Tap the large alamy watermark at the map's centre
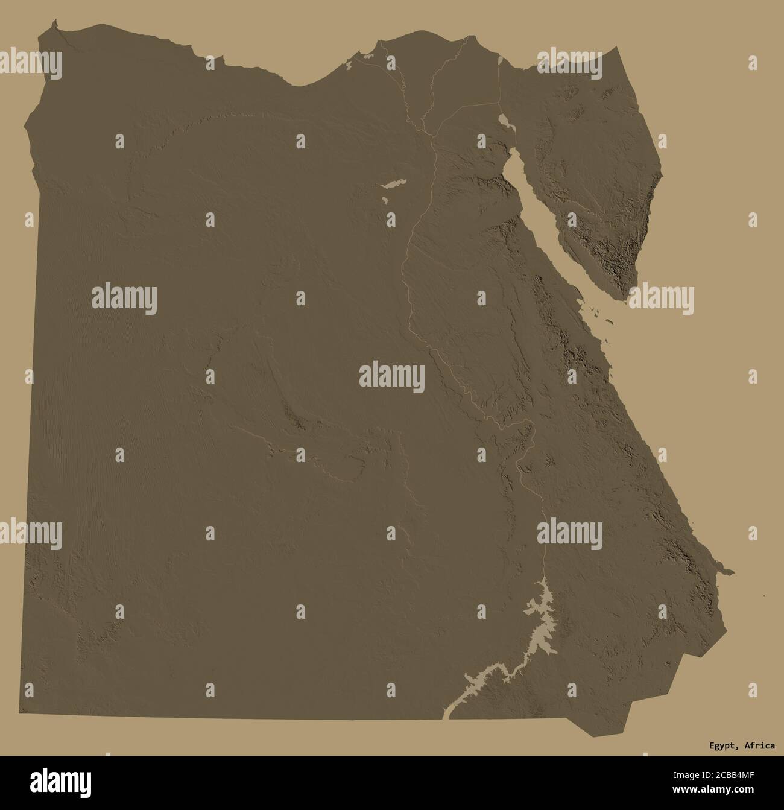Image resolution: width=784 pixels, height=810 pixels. click(x=392, y=378)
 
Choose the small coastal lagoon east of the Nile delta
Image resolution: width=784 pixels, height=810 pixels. click(x=502, y=60)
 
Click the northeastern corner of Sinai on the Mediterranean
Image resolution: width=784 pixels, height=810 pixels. click(x=615, y=48)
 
